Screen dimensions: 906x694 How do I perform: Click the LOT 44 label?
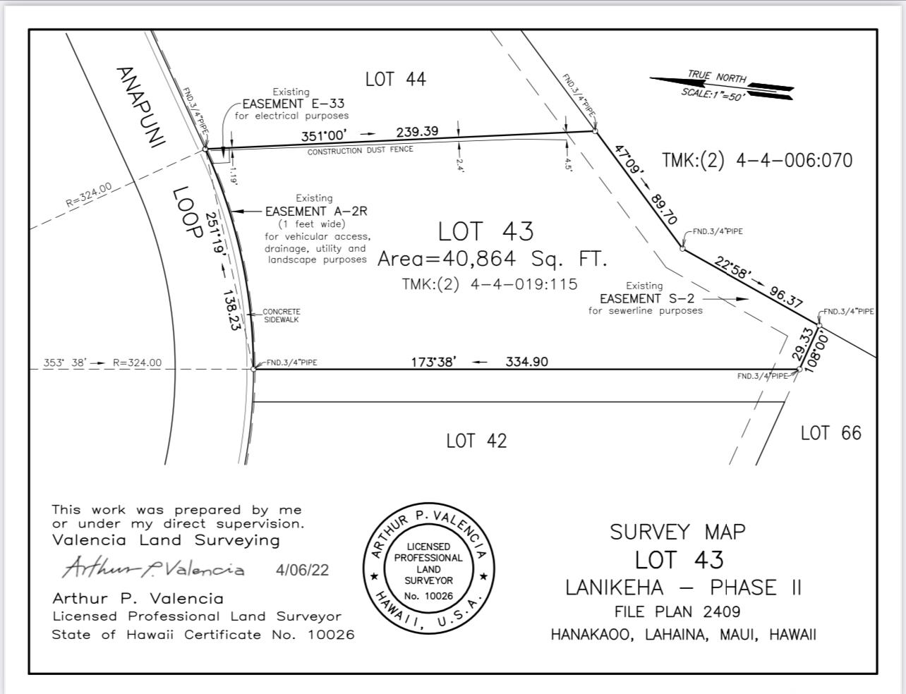click(x=395, y=79)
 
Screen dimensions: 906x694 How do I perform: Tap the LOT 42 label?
click(x=476, y=441)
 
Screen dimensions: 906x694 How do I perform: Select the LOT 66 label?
click(x=831, y=433)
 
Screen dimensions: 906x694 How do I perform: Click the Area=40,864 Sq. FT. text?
click(x=492, y=259)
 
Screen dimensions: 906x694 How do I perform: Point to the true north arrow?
click(x=721, y=86)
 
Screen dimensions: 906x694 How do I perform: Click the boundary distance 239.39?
click(x=417, y=132)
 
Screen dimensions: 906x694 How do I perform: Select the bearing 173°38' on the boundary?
click(x=434, y=362)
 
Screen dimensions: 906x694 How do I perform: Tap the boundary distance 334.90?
click(x=526, y=362)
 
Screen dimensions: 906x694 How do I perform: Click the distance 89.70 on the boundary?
click(x=663, y=209)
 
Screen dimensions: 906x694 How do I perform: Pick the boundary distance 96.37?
click(x=785, y=297)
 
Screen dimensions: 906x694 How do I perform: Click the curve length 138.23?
click(x=232, y=310)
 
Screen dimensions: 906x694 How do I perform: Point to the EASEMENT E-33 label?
click(x=293, y=104)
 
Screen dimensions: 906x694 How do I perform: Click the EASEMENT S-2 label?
click(x=647, y=298)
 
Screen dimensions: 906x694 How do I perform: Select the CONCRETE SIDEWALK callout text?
click(x=282, y=316)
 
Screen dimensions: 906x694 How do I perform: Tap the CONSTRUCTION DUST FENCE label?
click(x=361, y=150)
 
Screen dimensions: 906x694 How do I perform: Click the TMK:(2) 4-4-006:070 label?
click(x=757, y=161)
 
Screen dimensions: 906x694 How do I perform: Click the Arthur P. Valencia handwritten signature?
click(x=153, y=567)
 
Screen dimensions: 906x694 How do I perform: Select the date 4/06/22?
click(x=302, y=570)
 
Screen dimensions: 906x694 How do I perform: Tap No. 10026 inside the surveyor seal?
click(x=428, y=596)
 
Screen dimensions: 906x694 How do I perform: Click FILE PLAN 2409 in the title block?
click(x=677, y=611)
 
